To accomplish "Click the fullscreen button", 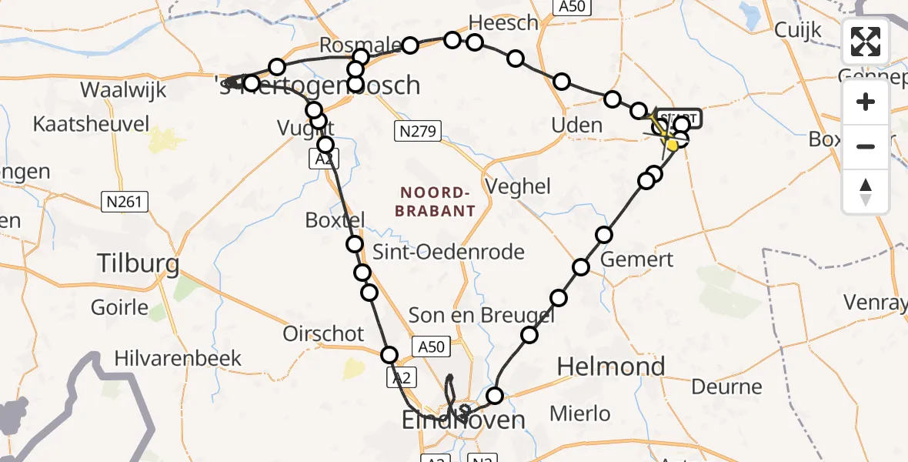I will (866, 42).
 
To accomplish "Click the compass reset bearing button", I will (866, 191).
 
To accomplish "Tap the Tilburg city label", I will (139, 264).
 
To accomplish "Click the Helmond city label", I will (610, 367).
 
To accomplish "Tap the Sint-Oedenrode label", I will (448, 251).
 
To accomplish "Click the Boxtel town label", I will (334, 219).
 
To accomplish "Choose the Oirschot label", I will (323, 333).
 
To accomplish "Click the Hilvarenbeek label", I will (178, 358).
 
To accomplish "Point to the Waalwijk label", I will (123, 90).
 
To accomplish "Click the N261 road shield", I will (125, 202).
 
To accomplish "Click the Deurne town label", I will (726, 387).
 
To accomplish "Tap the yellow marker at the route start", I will (672, 143).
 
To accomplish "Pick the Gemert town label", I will (636, 259).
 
